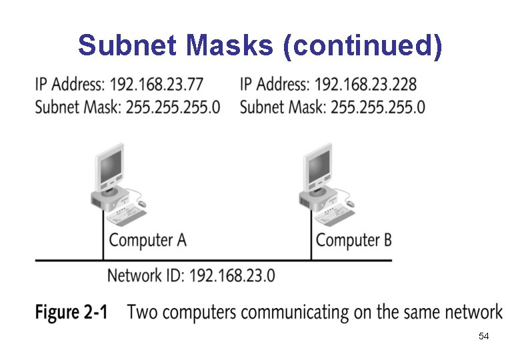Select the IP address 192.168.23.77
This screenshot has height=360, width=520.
coord(157,85)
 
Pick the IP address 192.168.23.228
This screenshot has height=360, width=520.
coord(366,85)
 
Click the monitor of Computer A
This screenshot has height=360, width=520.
coord(109,166)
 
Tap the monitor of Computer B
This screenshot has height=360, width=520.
coord(318,166)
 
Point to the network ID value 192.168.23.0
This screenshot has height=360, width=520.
coord(232,275)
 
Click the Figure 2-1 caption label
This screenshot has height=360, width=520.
coord(71,312)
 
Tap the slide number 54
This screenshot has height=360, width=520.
coord(483,337)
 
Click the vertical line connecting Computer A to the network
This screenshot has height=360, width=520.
coord(103,240)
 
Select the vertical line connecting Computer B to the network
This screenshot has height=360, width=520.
coord(311,240)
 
